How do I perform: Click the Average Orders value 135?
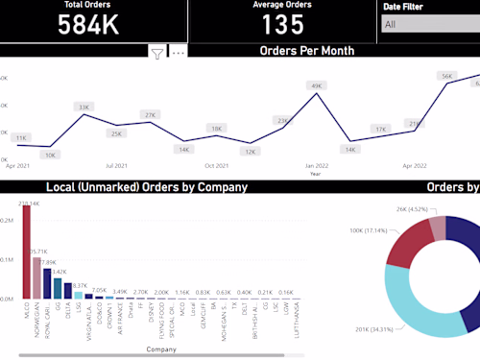coord(282,25)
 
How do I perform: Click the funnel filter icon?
coord(157,53)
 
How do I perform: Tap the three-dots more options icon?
coord(178,53)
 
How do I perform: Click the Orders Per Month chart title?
coord(308,51)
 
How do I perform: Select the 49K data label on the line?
coord(316,86)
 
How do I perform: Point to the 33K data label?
coord(84,108)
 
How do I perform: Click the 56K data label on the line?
coord(446,76)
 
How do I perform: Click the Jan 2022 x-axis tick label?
coord(316,165)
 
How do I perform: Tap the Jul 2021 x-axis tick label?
coord(116,165)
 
